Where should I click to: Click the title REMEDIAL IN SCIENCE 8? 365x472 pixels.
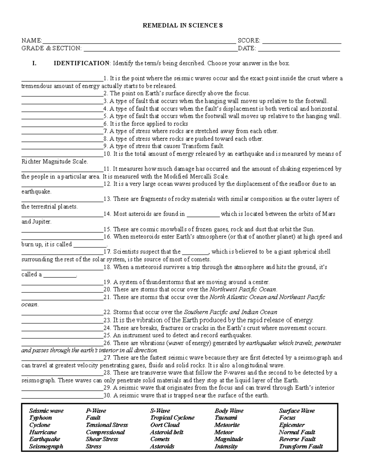[x=183, y=26]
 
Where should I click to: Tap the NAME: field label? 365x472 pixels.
[x=32, y=41]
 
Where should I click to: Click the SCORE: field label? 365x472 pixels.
[x=249, y=41]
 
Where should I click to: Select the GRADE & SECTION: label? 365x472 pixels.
[x=51, y=48]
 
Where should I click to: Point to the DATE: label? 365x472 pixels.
[x=247, y=48]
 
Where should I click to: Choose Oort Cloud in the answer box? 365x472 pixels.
[x=165, y=425]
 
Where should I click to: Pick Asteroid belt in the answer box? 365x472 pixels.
[x=167, y=432]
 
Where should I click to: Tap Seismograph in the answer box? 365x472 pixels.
[x=46, y=446]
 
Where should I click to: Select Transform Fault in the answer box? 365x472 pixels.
[x=301, y=446]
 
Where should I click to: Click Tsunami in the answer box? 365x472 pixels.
[x=225, y=418]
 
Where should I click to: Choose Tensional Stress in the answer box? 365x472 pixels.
[x=107, y=425]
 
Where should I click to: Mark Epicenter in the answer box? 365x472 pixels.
[x=292, y=425]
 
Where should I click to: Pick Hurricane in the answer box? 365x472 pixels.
[x=43, y=432]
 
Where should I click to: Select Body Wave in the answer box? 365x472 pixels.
[x=229, y=411]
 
